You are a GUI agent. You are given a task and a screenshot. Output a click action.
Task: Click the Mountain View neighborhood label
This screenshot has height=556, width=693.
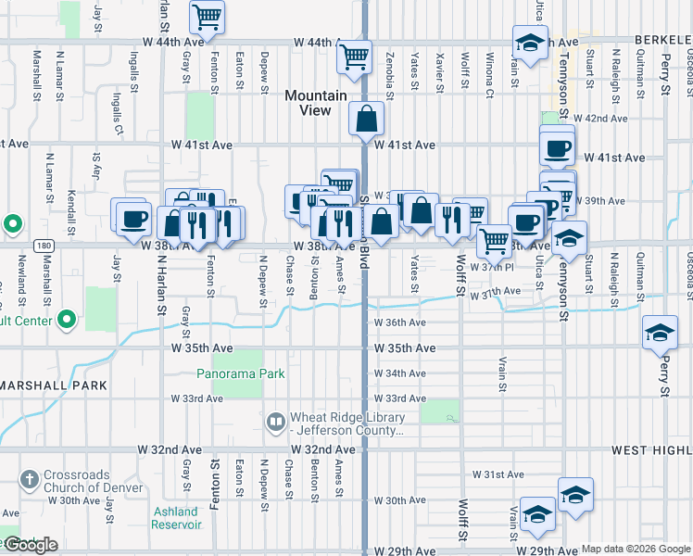[x=316, y=103]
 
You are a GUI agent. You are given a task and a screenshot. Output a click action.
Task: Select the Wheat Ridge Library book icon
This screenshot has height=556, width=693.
[x=276, y=423]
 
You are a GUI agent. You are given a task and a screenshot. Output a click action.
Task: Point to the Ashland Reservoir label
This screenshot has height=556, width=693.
[x=176, y=518]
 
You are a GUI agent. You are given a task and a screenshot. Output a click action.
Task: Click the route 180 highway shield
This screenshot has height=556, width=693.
[x=43, y=246]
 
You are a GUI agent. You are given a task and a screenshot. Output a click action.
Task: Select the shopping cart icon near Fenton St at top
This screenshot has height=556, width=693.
[x=208, y=16]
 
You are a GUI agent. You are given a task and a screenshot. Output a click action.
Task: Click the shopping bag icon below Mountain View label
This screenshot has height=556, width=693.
[x=367, y=118]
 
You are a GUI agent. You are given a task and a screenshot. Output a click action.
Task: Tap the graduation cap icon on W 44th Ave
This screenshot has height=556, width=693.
[x=530, y=44]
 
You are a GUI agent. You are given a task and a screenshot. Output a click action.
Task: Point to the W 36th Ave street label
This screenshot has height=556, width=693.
[x=399, y=322]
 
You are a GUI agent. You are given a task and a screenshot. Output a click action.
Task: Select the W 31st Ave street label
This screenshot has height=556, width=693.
[x=498, y=474]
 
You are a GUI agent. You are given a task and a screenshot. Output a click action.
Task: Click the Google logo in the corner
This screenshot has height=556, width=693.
[x=30, y=546]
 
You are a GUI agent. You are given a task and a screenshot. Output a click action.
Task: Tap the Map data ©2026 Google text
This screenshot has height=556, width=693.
[x=636, y=549]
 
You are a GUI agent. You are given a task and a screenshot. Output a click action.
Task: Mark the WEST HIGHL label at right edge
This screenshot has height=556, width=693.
[x=651, y=449]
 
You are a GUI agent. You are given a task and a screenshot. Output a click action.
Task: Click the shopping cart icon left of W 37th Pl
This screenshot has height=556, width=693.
[x=494, y=240]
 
